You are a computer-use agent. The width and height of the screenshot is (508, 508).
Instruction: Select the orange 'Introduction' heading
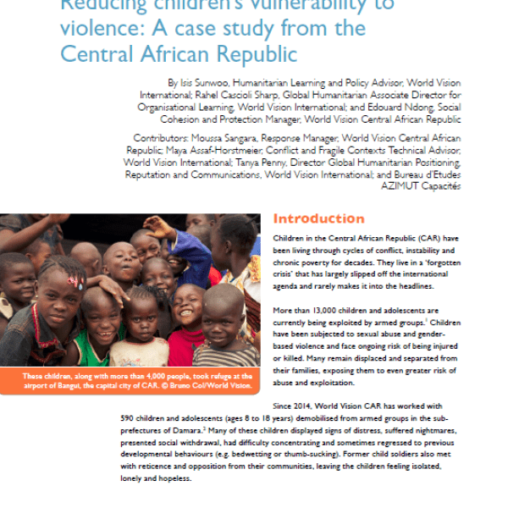(319, 218)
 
